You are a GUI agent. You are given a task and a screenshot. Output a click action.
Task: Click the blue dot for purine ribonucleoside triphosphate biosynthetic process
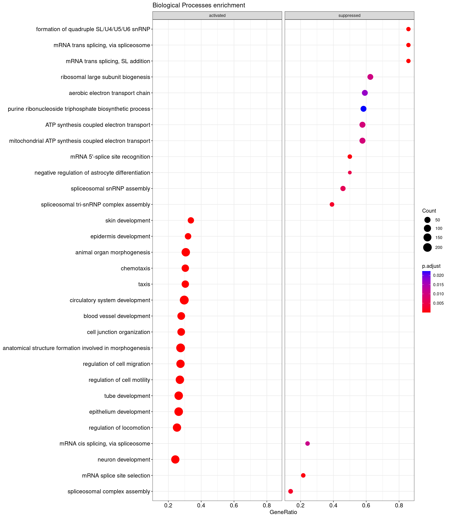[363, 109]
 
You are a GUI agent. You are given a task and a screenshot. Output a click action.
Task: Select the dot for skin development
[191, 221]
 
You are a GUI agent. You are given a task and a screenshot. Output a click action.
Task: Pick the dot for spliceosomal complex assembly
[290, 491]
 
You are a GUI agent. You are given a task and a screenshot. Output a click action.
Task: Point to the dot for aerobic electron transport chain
[365, 93]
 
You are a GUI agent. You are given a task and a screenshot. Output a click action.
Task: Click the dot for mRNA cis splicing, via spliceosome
[307, 443]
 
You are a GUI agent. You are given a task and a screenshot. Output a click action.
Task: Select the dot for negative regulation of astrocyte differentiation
[350, 173]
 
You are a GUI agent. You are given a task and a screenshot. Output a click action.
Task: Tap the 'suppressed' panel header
[349, 15]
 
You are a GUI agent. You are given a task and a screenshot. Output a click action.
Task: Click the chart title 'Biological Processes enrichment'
[199, 5]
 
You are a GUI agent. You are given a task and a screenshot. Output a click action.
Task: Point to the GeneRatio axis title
[283, 512]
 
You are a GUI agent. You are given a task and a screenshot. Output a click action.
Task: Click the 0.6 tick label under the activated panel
[234, 505]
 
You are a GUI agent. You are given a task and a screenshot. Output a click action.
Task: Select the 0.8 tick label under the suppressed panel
[399, 505]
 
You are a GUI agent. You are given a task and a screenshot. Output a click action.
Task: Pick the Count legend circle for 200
[427, 247]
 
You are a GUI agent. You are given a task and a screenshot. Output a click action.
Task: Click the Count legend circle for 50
[427, 220]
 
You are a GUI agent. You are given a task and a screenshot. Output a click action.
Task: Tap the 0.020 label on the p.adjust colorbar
[438, 275]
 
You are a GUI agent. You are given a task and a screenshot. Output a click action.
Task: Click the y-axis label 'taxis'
[144, 284]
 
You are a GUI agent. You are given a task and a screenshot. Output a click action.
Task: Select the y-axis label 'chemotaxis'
[135, 269]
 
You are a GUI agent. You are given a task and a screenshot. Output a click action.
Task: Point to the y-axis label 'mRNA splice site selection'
[116, 475]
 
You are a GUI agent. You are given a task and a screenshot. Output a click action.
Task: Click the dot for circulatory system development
[184, 300]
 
